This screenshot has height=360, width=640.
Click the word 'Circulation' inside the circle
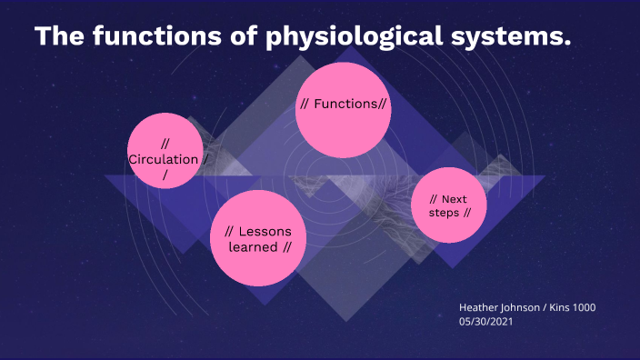(163, 159)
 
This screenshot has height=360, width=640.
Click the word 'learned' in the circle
(253, 246)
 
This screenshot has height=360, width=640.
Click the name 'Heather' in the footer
(479, 308)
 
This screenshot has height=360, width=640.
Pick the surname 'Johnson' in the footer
(522, 308)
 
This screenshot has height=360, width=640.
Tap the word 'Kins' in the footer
(558, 308)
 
